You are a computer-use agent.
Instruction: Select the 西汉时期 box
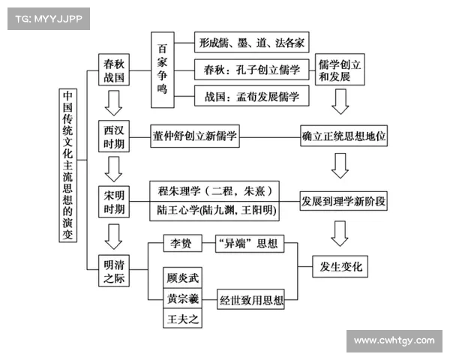pyautogui.click(x=115, y=136)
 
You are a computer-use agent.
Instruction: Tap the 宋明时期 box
pyautogui.click(x=115, y=200)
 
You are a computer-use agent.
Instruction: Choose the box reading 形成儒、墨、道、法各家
pyautogui.click(x=252, y=41)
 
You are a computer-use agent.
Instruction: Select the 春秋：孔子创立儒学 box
pyautogui.click(x=252, y=70)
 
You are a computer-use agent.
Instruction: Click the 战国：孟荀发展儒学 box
pyautogui.click(x=252, y=97)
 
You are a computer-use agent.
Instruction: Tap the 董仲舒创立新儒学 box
pyautogui.click(x=195, y=136)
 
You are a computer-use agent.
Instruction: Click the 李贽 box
pyautogui.click(x=183, y=244)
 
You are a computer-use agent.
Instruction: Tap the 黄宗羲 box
pyautogui.click(x=183, y=298)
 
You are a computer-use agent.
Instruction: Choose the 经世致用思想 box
pyautogui.click(x=252, y=301)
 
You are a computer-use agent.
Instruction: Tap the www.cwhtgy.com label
pyautogui.click(x=393, y=341)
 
